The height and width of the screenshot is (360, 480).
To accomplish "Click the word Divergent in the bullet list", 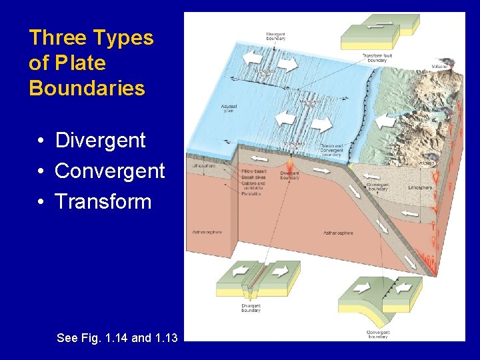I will (x=100, y=141).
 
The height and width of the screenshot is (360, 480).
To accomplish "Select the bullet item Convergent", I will (x=109, y=171).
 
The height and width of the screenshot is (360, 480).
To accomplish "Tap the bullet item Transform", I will (x=103, y=202).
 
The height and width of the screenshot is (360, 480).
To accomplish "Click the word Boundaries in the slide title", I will (x=87, y=88).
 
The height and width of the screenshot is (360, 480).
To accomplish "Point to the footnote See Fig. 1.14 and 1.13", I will (x=117, y=338).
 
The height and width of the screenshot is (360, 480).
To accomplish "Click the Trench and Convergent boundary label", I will (x=331, y=148).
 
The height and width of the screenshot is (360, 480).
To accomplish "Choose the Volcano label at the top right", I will (x=439, y=66).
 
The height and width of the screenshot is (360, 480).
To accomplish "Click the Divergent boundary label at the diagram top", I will (x=275, y=36).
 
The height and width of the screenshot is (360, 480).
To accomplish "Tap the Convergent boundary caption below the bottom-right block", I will (x=378, y=334).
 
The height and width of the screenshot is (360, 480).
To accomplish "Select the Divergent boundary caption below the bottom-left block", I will (x=251, y=307).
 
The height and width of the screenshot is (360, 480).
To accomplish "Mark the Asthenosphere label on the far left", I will (x=207, y=231).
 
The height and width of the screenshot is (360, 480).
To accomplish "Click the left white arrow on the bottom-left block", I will (x=236, y=271).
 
